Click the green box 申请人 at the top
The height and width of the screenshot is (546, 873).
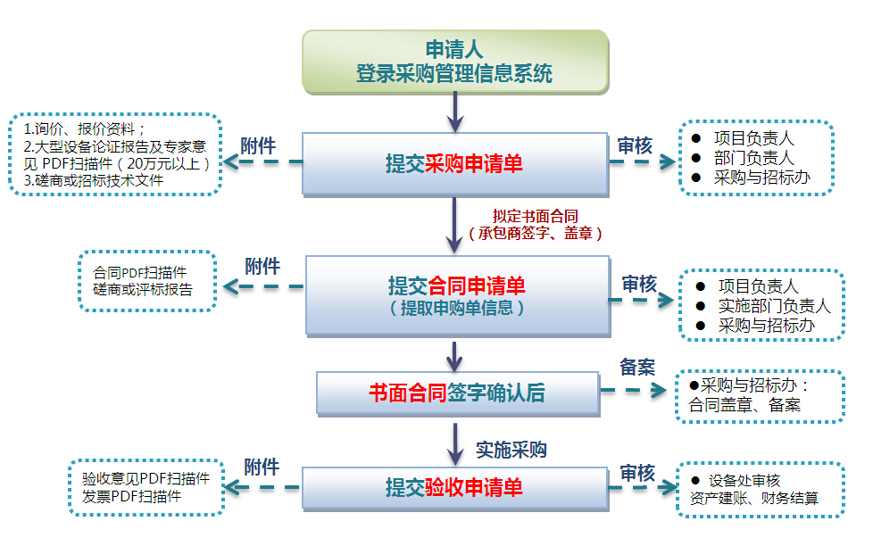click(x=454, y=62)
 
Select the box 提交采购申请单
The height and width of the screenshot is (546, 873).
click(x=454, y=163)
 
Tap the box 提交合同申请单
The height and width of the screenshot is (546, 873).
click(x=456, y=294)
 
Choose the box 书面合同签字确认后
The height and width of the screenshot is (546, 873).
click(x=457, y=393)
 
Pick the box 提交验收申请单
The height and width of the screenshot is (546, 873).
click(x=454, y=487)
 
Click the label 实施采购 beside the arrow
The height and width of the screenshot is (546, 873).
click(x=511, y=450)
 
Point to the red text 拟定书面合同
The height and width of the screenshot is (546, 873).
click(x=535, y=216)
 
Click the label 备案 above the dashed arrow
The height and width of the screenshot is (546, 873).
click(x=636, y=367)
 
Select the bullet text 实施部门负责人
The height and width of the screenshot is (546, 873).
click(x=774, y=306)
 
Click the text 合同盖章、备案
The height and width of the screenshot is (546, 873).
click(x=744, y=404)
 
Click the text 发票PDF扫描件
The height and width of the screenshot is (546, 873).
click(x=131, y=496)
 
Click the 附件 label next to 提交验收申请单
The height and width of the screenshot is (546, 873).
click(x=262, y=467)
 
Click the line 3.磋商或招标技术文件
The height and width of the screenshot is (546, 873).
click(x=94, y=180)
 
